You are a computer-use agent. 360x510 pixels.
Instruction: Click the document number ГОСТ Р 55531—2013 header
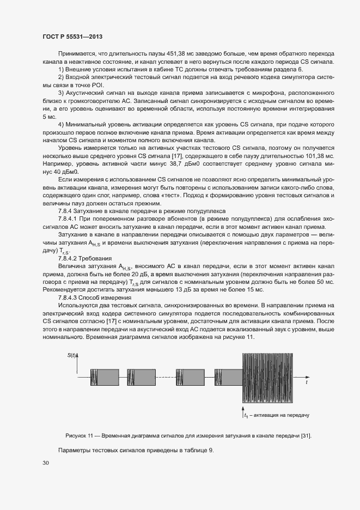pos(72,37)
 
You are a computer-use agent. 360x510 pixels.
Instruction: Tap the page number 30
pos(45,463)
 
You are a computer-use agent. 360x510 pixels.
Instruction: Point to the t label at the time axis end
pos(307,383)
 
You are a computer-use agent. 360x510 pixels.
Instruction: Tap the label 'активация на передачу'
pos(280,415)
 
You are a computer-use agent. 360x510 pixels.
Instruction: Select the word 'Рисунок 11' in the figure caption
pos(80,436)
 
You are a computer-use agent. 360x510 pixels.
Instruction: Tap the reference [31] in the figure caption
pos(306,436)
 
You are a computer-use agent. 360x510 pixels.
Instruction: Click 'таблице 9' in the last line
pos(197,450)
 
